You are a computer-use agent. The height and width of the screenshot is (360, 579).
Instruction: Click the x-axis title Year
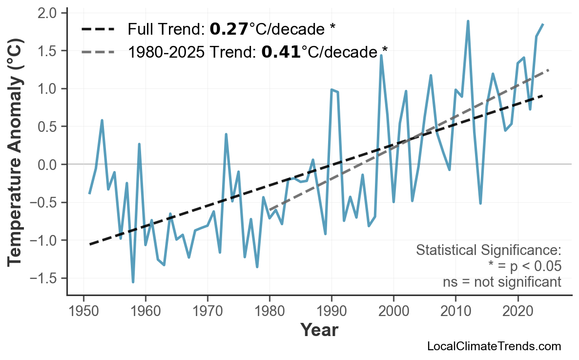319,330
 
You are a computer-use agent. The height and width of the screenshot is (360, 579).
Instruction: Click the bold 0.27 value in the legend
229,30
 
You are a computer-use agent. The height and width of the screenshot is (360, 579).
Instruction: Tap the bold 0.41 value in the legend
281,52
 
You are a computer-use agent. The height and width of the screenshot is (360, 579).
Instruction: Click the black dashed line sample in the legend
98,30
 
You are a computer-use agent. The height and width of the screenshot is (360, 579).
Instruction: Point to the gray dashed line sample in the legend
98,52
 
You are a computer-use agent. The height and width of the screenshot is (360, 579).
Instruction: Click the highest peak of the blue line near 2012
468,21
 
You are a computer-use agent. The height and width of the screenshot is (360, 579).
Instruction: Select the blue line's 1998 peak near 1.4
381,55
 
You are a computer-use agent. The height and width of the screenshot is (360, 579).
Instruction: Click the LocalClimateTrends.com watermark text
494,346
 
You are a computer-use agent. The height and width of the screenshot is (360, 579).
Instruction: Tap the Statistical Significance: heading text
488,251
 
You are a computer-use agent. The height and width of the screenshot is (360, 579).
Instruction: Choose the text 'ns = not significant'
502,282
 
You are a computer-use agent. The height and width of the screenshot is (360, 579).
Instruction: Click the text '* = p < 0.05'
524,266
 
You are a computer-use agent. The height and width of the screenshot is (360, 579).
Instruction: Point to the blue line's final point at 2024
543,24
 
